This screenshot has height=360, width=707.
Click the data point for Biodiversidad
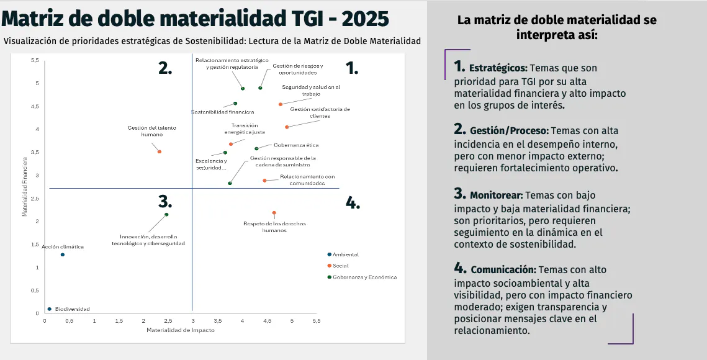(50, 309)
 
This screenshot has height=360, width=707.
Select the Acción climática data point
(63, 254)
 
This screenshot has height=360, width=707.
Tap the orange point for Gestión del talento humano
(160, 151)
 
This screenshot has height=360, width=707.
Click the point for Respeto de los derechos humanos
(274, 213)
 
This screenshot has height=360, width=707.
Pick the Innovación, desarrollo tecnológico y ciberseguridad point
(166, 215)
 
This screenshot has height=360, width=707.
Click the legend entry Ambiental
(346, 254)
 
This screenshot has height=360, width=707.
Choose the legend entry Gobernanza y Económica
(364, 277)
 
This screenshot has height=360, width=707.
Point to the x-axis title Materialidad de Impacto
(181, 330)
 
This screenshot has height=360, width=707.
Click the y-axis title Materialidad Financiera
(25, 187)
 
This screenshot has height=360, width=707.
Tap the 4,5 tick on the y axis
(35, 107)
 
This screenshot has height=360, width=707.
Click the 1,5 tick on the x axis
(119, 321)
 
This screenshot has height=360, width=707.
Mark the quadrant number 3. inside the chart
(164, 202)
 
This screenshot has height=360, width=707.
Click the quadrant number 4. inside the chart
(353, 203)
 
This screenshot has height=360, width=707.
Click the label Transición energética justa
(245, 128)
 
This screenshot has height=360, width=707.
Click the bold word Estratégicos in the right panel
(498, 68)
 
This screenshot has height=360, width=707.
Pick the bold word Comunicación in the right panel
(503, 270)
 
